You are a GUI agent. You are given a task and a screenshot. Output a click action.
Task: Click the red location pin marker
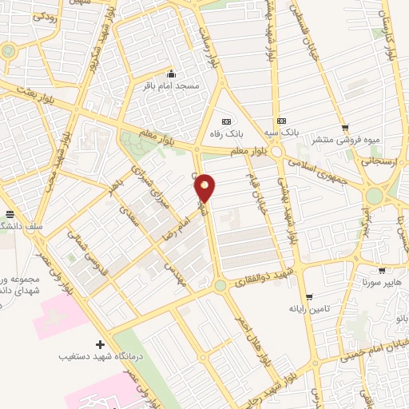click(x=206, y=187)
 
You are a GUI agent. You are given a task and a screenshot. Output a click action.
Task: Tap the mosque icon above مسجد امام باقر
click(x=170, y=73)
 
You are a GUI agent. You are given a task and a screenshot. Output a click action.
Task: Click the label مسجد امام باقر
click(x=170, y=84)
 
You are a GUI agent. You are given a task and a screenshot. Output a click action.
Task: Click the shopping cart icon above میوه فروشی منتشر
click(x=344, y=128)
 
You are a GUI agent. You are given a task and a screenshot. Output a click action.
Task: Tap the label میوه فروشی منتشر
click(x=344, y=140)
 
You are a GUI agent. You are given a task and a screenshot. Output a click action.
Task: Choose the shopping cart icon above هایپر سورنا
click(x=383, y=271)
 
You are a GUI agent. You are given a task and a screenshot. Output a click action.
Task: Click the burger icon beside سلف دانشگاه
click(x=10, y=214)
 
